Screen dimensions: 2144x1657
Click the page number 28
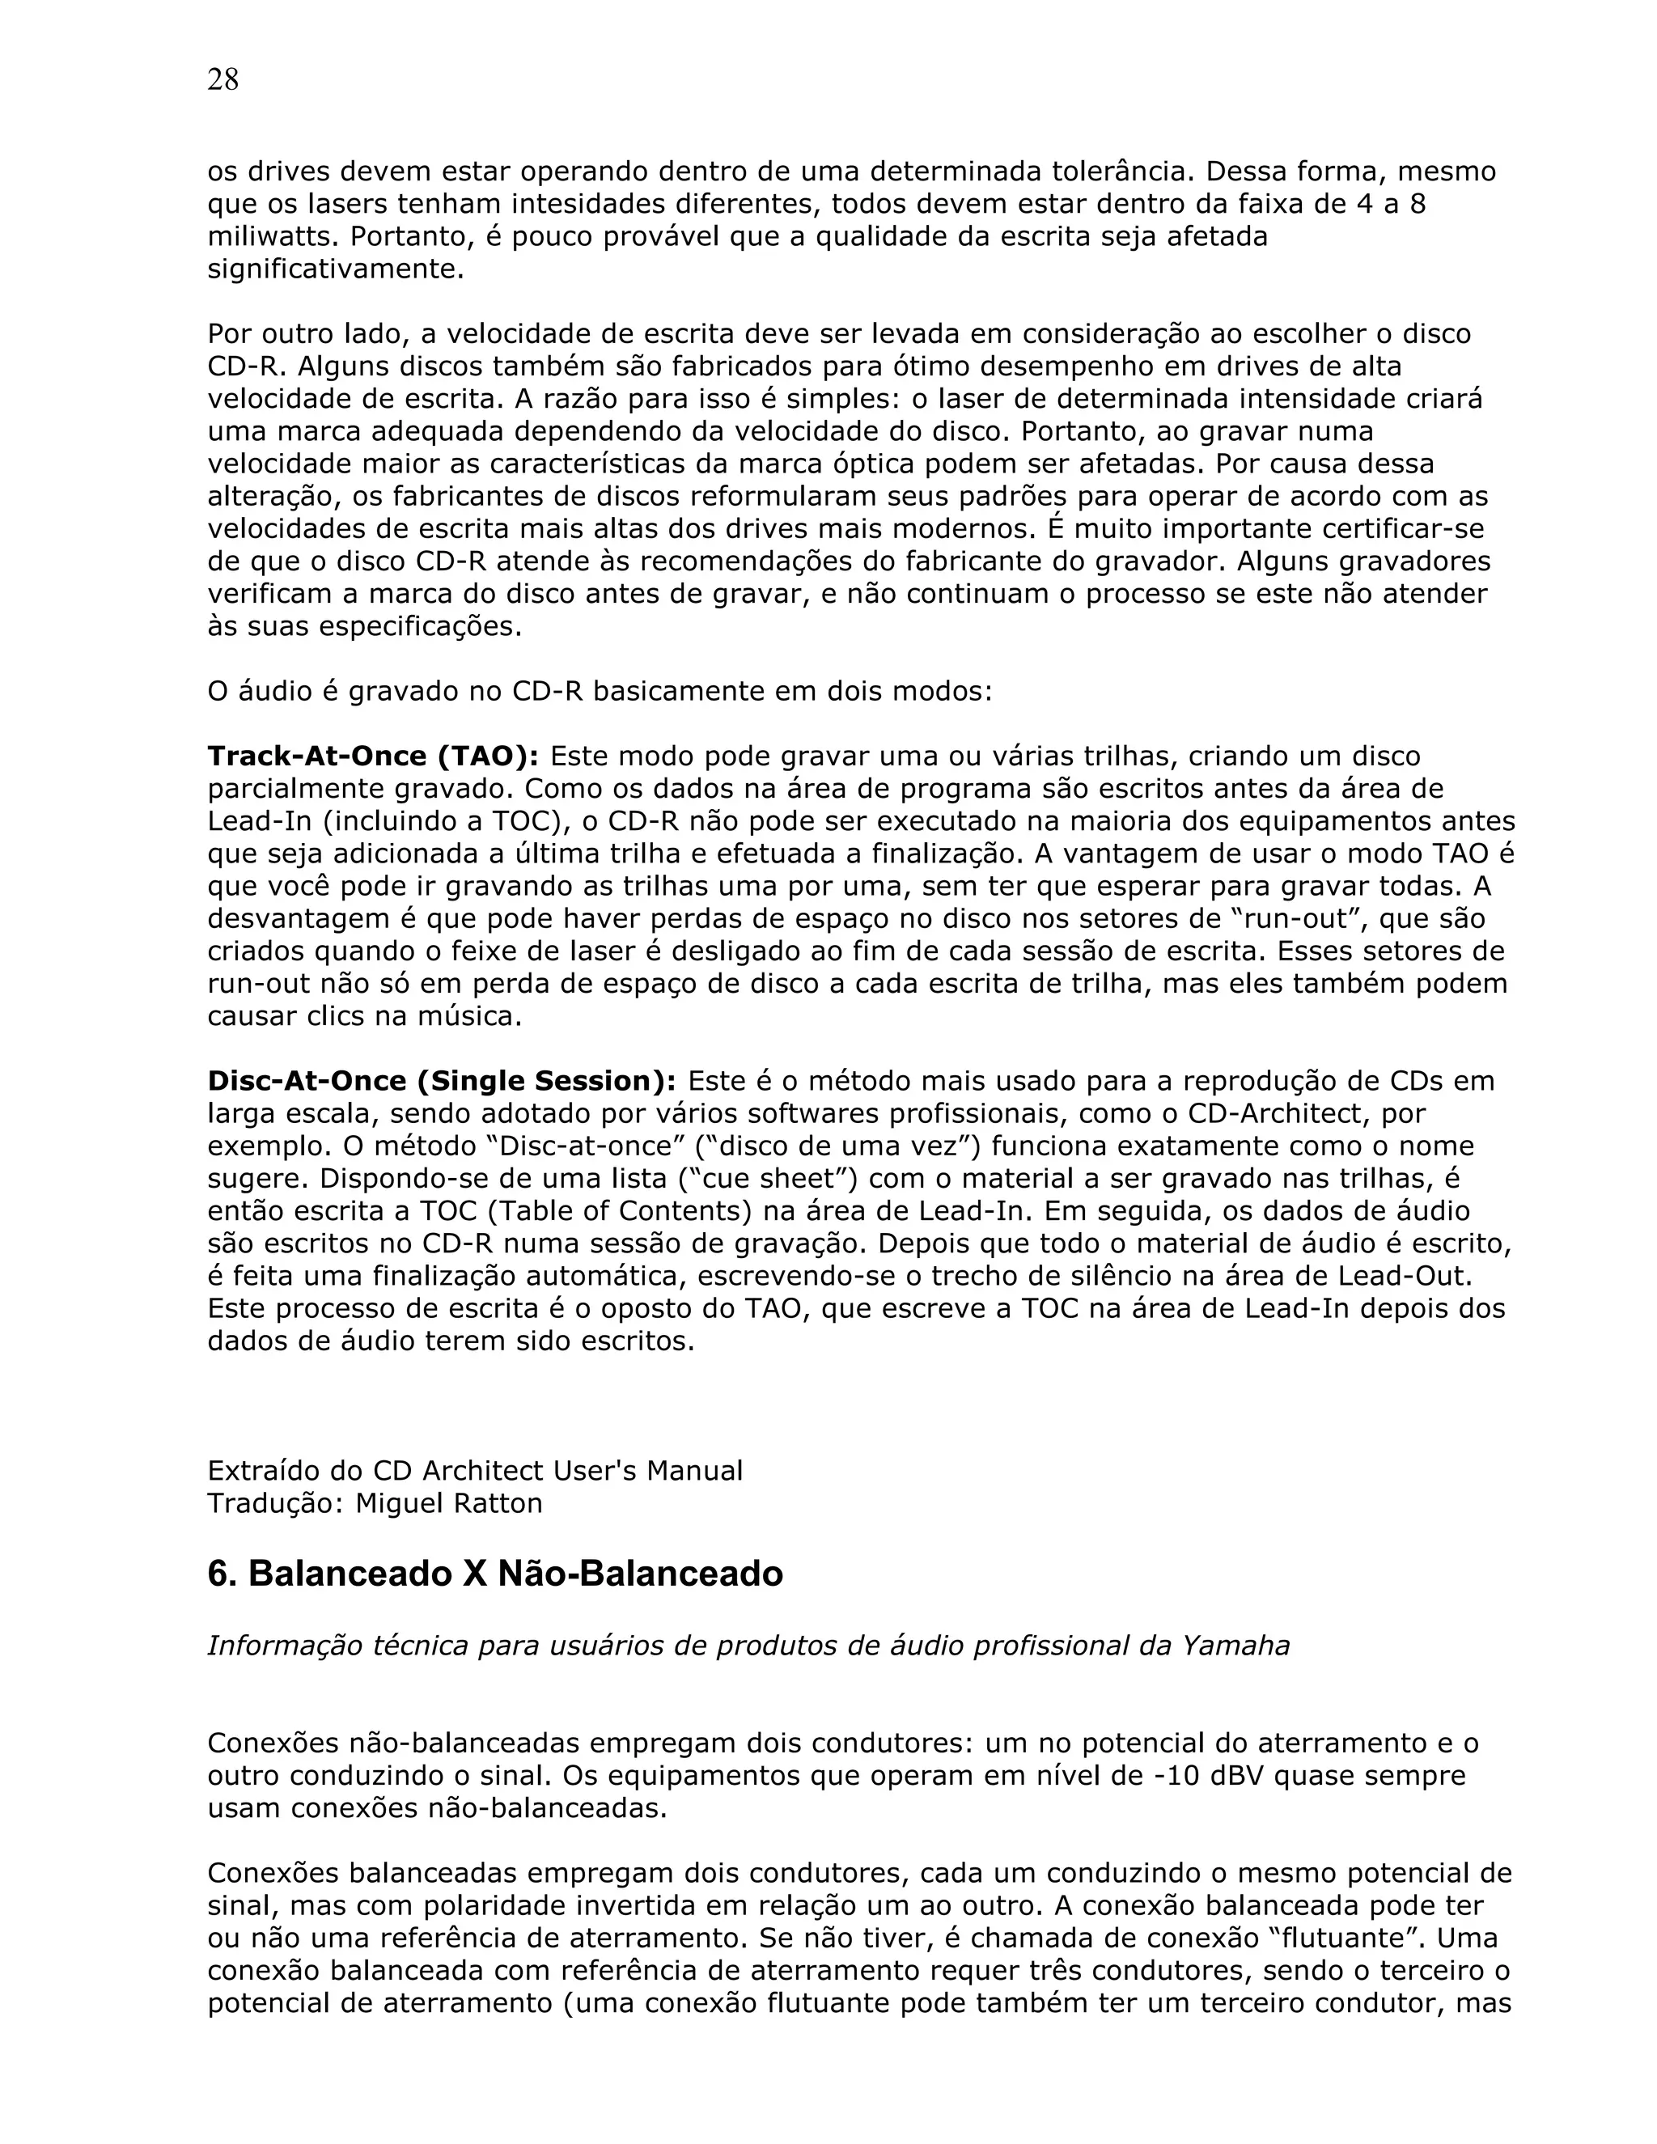(222, 79)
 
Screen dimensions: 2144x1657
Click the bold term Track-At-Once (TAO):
(372, 756)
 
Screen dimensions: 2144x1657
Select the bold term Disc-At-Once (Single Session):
(441, 1081)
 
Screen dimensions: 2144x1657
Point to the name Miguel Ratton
(448, 1503)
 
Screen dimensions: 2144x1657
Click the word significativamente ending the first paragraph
(335, 269)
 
